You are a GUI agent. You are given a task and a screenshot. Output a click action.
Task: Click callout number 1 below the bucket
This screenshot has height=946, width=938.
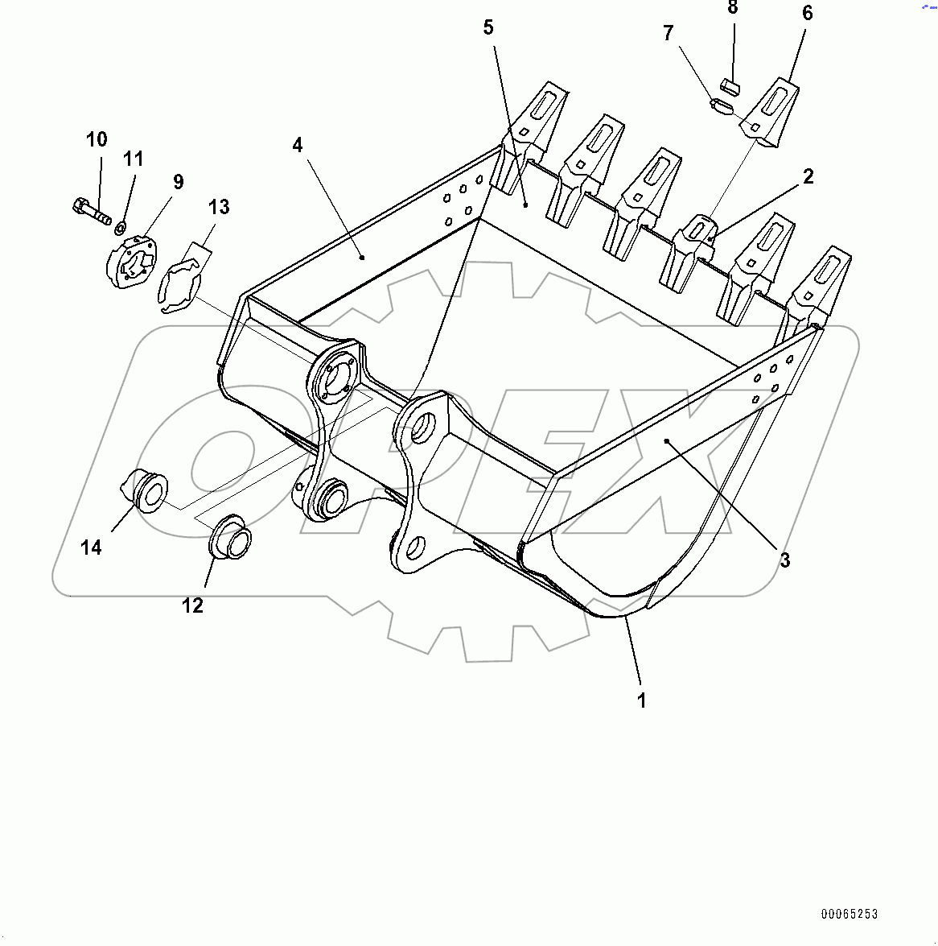641,700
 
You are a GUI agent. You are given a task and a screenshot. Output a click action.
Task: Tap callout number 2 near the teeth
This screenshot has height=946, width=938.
808,176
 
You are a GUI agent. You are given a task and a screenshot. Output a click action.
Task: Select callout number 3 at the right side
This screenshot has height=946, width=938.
784,560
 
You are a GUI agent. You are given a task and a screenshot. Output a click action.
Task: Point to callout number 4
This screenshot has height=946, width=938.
298,146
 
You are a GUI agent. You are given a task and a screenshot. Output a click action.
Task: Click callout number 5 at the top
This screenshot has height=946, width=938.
488,27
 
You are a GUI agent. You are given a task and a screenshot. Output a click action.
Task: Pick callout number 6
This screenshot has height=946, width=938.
807,13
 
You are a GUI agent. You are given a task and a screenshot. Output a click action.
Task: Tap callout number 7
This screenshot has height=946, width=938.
668,34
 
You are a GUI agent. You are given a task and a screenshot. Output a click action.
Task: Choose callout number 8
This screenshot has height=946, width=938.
732,8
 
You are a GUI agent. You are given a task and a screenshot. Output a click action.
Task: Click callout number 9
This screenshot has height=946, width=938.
178,182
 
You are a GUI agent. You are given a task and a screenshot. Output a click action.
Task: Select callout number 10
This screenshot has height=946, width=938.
97,139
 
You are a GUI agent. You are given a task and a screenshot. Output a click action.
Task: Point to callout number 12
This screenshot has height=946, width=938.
192,605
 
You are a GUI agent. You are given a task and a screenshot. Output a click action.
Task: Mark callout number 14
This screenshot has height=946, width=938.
91,547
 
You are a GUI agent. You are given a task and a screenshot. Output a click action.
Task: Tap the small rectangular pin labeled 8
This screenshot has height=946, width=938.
731,85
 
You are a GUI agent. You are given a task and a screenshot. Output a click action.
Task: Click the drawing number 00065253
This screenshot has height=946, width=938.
850,914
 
